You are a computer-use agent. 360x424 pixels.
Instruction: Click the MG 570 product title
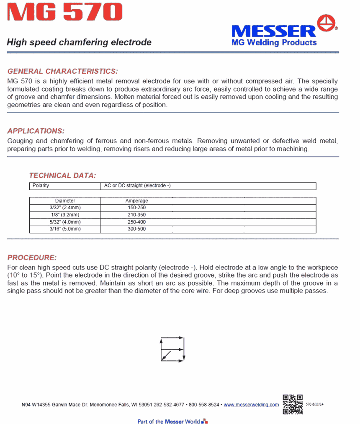pyautogui.click(x=65, y=13)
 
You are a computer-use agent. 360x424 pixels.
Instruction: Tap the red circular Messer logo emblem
pyautogui.click(x=328, y=23)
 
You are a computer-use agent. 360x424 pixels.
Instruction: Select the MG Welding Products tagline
pyautogui.click(x=274, y=42)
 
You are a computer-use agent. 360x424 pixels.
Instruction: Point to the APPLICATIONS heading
pyautogui.click(x=36, y=131)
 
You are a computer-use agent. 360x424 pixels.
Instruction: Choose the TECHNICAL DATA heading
pyautogui.click(x=62, y=175)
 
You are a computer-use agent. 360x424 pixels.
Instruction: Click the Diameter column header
pyautogui.click(x=65, y=201)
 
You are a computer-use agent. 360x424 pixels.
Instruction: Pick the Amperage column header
pyautogui.click(x=137, y=201)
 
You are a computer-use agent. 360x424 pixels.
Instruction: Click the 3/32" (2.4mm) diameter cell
pyautogui.click(x=65, y=208)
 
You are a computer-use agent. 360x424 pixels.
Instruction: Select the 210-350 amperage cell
pyautogui.click(x=137, y=215)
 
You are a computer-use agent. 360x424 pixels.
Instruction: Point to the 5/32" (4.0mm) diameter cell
pyautogui.click(x=65, y=222)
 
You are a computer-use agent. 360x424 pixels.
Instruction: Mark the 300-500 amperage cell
pyautogui.click(x=137, y=229)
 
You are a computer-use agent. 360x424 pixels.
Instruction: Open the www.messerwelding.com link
pyautogui.click(x=251, y=405)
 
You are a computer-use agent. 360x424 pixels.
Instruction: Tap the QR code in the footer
pyautogui.click(x=293, y=404)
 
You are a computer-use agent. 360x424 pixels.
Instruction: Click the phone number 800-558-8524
pyautogui.click(x=204, y=405)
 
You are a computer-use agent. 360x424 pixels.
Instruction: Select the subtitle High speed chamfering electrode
pyautogui.click(x=79, y=42)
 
